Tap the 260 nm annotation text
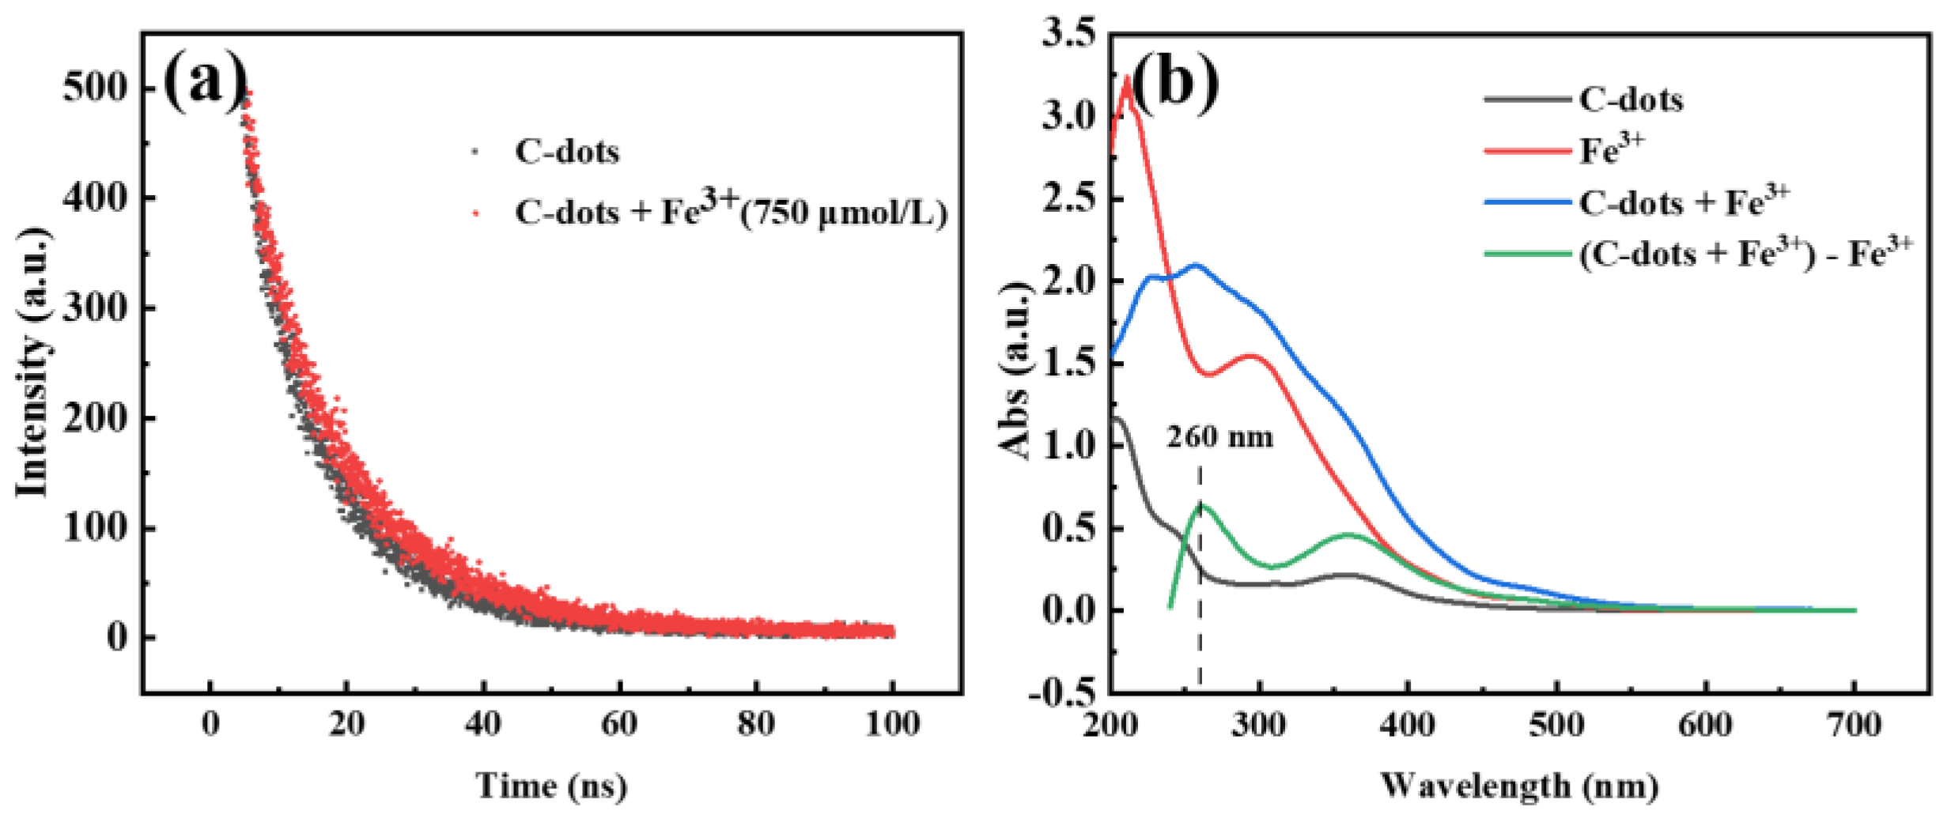(1219, 437)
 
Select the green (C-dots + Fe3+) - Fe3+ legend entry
(1744, 254)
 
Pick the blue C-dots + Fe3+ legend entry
(1683, 202)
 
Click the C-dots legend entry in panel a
(565, 151)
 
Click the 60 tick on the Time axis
(619, 724)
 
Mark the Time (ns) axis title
(551, 786)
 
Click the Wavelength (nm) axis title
(1518, 786)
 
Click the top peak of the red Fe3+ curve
(1127, 77)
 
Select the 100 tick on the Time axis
(892, 724)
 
